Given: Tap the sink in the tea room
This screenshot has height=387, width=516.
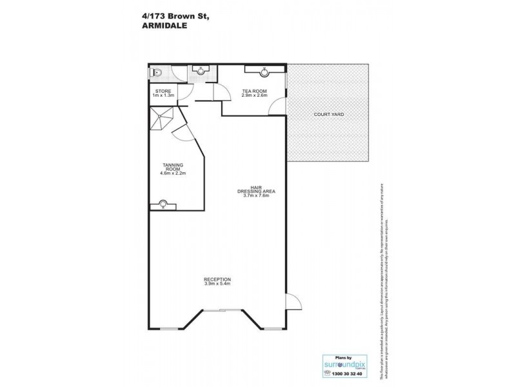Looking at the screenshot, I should pos(264,71).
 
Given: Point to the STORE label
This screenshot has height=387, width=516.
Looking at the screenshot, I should pos(163,92).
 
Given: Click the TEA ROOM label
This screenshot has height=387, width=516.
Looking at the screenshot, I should pos(253,92).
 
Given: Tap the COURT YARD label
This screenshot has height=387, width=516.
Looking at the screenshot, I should pos(328,114).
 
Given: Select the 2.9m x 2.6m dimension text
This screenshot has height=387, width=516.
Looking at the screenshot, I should pos(253,96).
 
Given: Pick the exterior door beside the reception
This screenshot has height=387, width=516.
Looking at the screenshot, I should pos(292,302).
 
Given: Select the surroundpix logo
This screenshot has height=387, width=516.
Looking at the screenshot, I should pos(341,364).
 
